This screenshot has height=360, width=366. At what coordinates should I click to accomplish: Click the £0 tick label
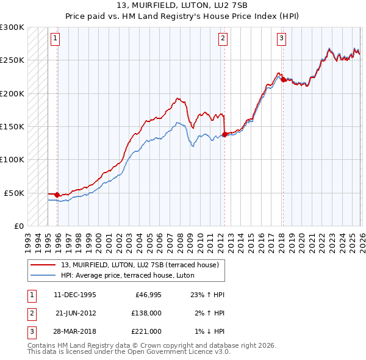[18, 226]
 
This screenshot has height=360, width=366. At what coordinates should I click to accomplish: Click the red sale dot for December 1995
[57, 195]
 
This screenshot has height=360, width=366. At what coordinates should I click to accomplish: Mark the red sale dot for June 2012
[224, 134]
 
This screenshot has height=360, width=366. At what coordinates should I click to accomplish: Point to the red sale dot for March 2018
[282, 79]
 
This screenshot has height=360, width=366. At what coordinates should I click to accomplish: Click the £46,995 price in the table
[148, 294]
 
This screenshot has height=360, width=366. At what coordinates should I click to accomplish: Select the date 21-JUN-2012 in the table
[75, 313]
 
